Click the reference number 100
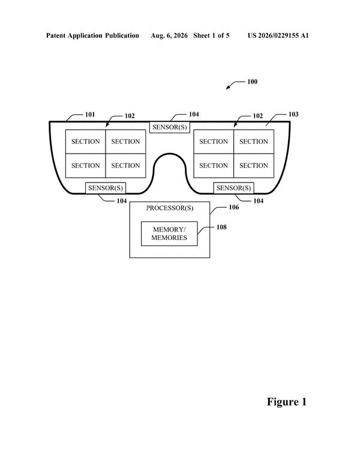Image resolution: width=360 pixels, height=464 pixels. click(253, 82)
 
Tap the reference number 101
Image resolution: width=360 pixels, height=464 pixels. click(90, 115)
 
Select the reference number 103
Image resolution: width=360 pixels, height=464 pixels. click(293, 114)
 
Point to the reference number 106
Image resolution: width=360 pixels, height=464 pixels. click(233, 207)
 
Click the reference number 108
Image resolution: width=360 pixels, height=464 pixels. click(221, 227)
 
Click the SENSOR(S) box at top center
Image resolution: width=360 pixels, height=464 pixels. click(169, 127)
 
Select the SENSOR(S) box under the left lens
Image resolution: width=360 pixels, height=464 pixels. click(106, 188)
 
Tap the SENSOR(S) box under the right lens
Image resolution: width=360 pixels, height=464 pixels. click(233, 188)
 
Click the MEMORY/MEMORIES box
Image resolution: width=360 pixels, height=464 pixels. click(169, 234)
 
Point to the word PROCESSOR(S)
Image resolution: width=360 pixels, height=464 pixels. click(170, 208)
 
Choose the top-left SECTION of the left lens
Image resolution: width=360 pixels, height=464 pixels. click(85, 142)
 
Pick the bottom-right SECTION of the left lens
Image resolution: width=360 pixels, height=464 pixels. click(126, 166)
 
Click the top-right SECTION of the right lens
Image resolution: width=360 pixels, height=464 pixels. click(254, 142)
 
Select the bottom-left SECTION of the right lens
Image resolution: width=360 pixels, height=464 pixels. click(214, 166)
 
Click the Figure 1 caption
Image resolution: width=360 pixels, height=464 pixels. click(287, 402)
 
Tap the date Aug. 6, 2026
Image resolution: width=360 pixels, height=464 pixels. click(169, 36)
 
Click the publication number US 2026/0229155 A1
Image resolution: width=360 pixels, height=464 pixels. click(278, 36)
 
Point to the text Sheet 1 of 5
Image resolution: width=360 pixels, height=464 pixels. click(211, 36)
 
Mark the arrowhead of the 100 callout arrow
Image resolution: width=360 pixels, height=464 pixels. click(227, 88)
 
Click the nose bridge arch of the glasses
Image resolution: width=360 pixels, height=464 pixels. click(170, 154)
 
